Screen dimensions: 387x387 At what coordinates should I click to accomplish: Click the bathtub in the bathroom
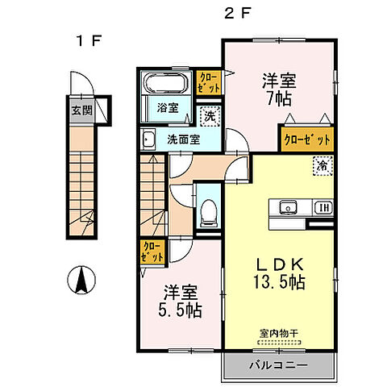pyautogui.click(x=167, y=83)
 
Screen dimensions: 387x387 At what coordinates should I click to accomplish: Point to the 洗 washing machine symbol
pyautogui.click(x=209, y=116)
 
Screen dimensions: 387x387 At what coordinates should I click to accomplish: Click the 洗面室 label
pyautogui.click(x=184, y=139)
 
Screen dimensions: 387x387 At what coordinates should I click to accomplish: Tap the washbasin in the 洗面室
pyautogui.click(x=149, y=139)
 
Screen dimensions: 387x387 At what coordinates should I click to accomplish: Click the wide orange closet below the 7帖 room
pyautogui.click(x=307, y=139)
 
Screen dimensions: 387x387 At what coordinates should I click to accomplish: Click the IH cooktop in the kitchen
pyautogui.click(x=321, y=206)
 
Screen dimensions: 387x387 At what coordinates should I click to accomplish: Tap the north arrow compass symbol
pyautogui.click(x=81, y=281)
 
